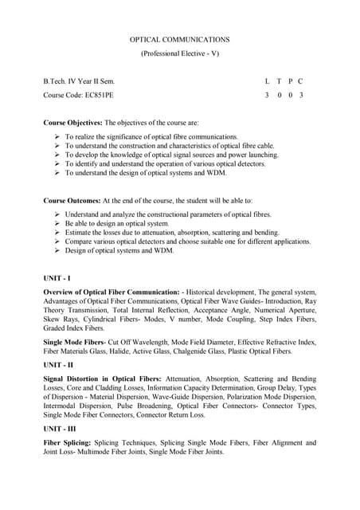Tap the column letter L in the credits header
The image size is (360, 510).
pos(267,81)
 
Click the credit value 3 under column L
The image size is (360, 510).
pos(267,96)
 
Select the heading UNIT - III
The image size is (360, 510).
pos(61,428)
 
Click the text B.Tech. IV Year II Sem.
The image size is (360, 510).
pos(79,81)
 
